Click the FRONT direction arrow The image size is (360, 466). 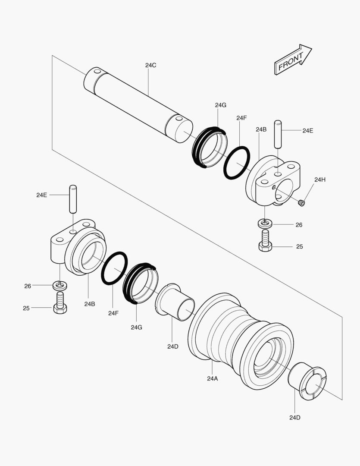point(292,60)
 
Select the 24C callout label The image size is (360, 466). point(150,65)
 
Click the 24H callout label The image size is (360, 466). point(320,179)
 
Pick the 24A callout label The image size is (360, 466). point(213,378)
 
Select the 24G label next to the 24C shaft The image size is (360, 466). point(220,105)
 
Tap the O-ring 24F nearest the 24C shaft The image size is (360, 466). point(237,163)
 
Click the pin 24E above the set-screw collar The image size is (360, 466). point(279,135)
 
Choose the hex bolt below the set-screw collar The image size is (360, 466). point(266,241)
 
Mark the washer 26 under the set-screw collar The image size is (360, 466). point(266,224)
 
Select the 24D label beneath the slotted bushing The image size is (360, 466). point(295,417)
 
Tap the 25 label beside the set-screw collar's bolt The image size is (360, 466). point(299,247)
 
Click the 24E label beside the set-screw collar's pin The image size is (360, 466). point(307,131)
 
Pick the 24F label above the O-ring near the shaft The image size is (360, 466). point(241,118)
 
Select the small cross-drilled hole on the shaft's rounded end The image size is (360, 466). point(97,71)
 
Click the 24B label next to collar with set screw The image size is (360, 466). point(261,129)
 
